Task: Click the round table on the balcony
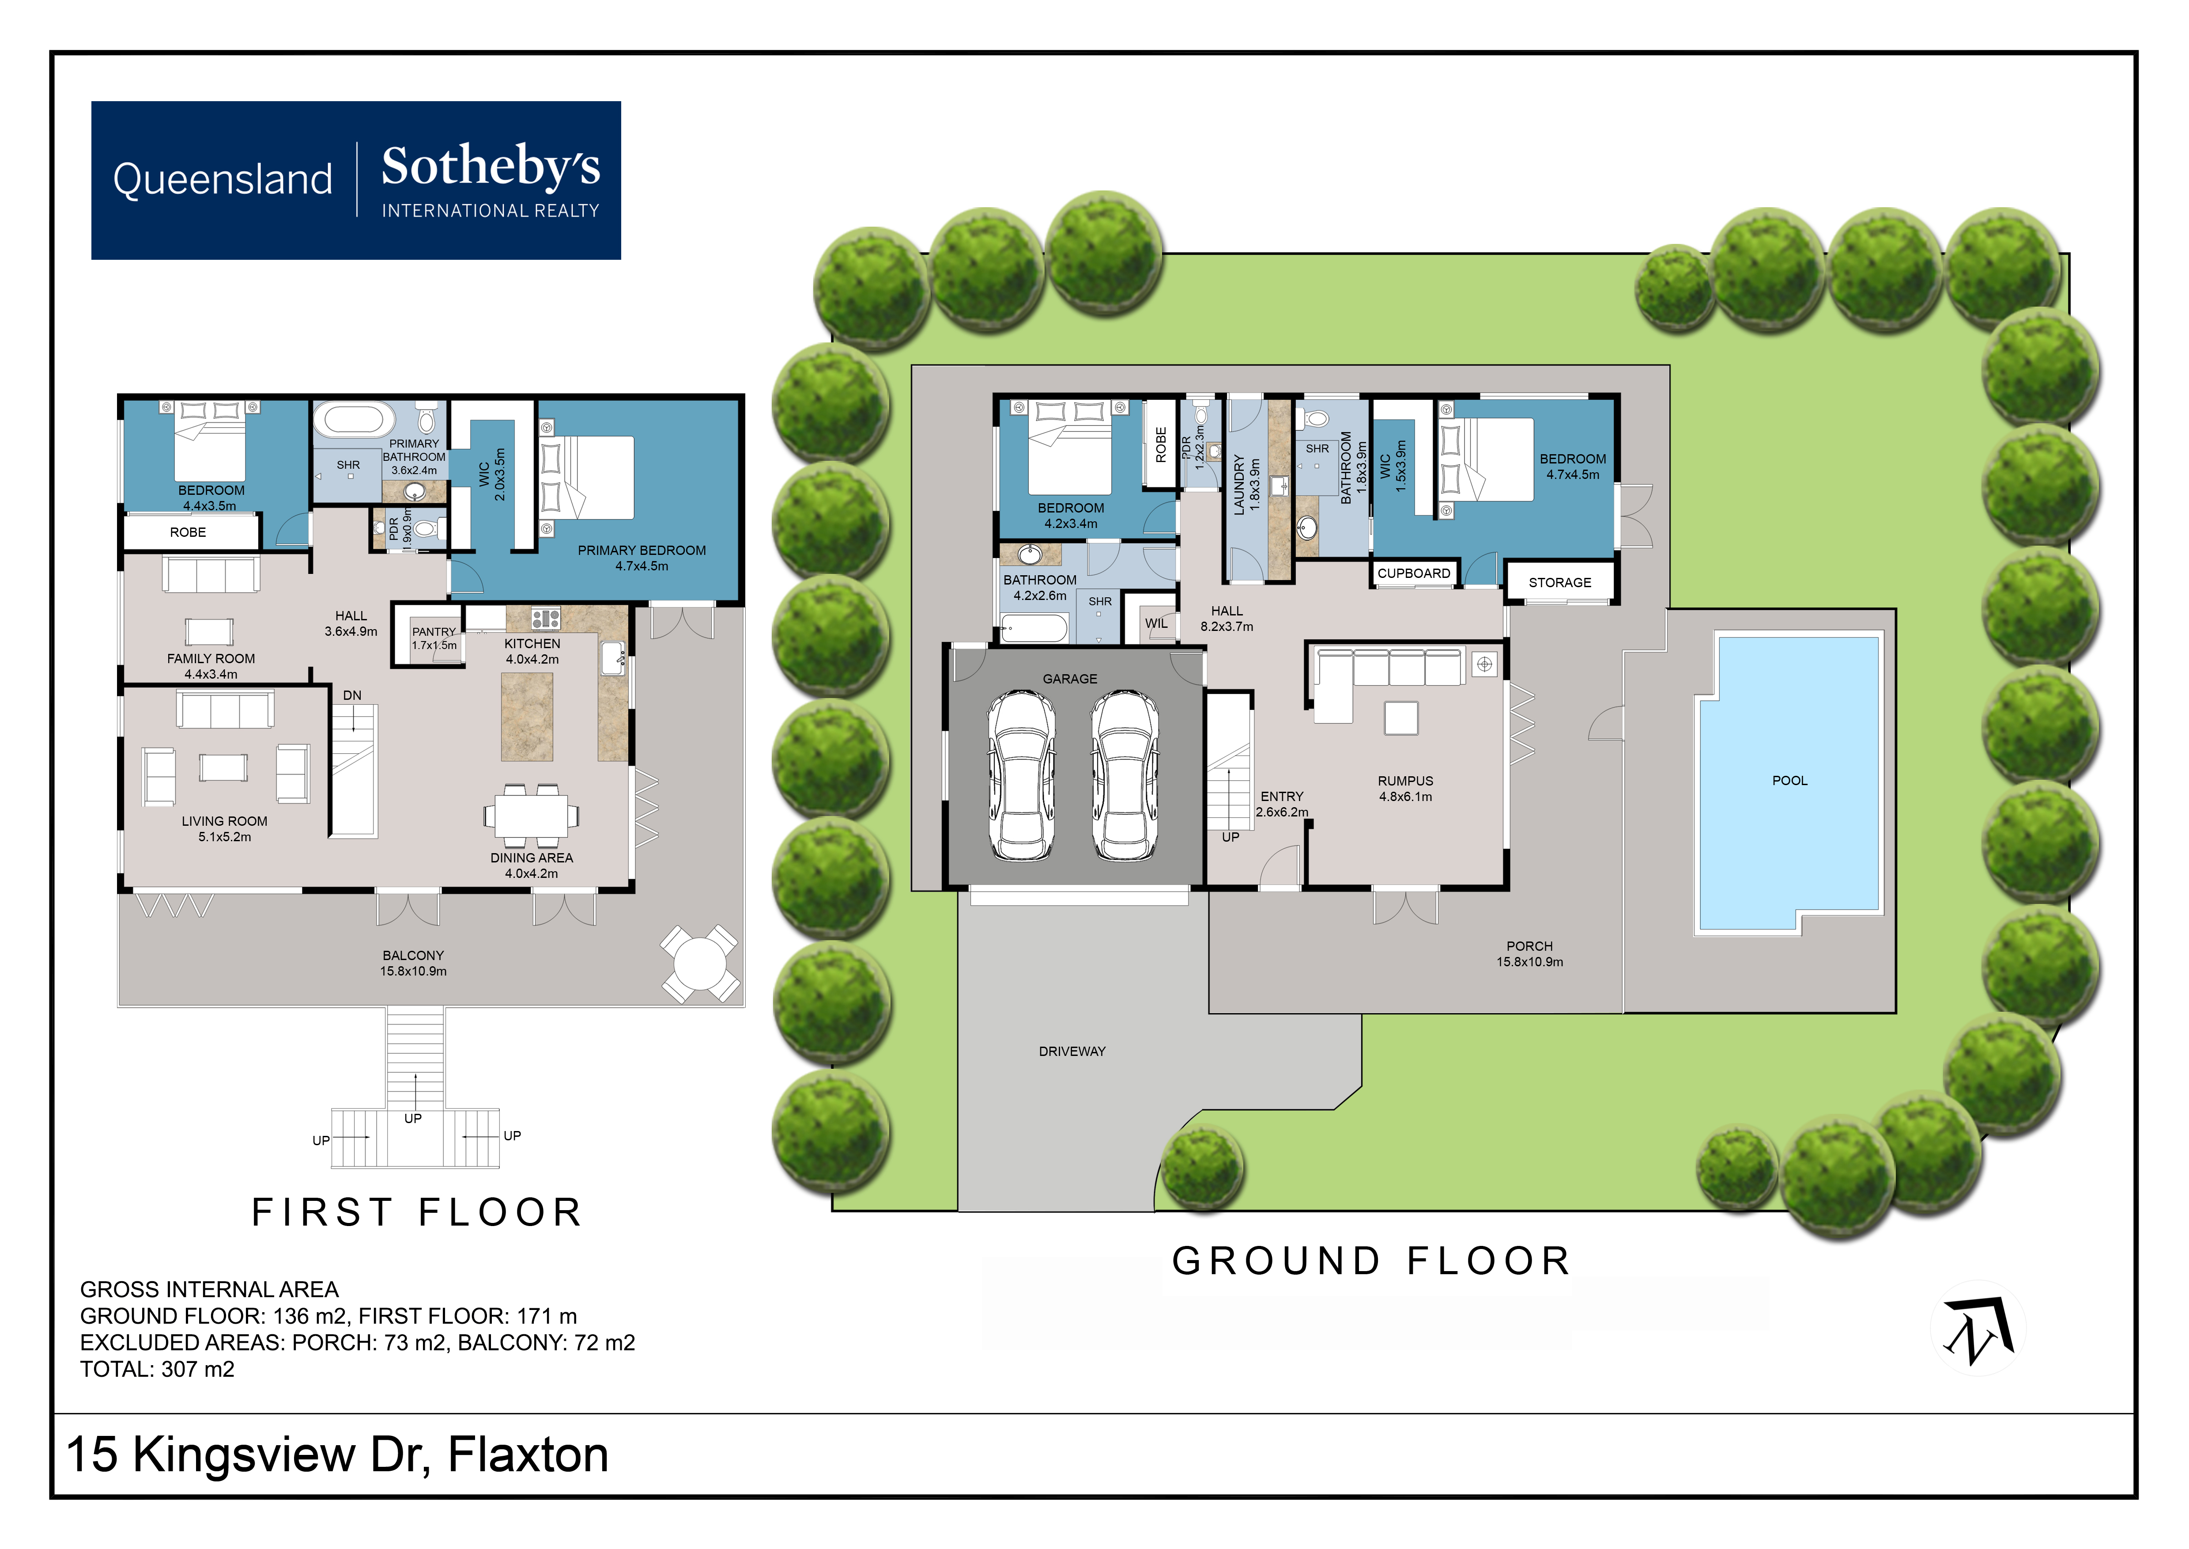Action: [x=700, y=964]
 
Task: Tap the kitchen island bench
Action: [x=527, y=716]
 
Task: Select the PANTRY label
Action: [x=434, y=631]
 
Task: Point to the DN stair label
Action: [x=352, y=695]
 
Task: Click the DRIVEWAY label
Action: [x=1072, y=1051]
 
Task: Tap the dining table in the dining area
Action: [x=531, y=816]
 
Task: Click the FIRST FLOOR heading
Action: [x=417, y=1212]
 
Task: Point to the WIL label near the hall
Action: [x=1155, y=624]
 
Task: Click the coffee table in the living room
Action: [x=223, y=767]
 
